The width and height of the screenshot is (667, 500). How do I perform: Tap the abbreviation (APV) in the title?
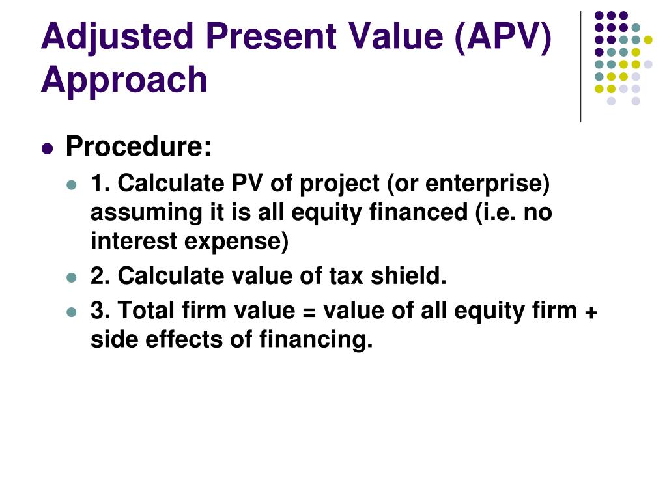pos(502,37)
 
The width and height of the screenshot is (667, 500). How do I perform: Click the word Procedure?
pos(139,147)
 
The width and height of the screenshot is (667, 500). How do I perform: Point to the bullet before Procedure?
pos(46,148)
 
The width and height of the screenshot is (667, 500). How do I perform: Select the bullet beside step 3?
pos(72,312)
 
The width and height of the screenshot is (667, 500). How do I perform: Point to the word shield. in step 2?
pos(409,276)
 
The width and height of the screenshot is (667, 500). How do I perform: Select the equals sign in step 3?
pos(309,312)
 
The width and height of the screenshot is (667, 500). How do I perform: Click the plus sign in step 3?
pos(591,312)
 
